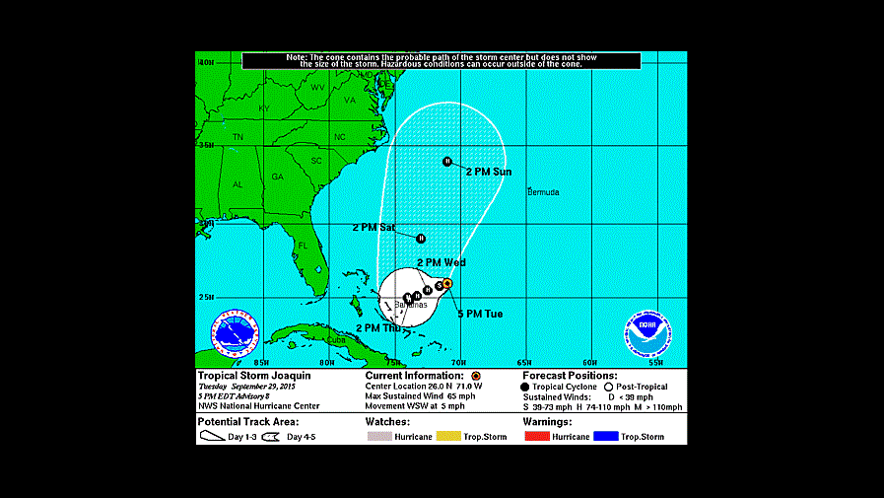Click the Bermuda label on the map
point(543,191)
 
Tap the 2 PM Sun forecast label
point(490,172)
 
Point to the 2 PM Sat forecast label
point(374,228)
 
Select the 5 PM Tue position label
point(480,314)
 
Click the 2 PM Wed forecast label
point(442,262)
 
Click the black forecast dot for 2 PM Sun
point(447,161)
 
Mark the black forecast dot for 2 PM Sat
point(421,237)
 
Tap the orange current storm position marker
point(446,283)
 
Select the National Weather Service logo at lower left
point(235,334)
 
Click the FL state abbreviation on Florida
point(304,245)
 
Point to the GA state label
point(278,177)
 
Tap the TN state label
point(238,136)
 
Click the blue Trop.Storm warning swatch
point(607,436)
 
